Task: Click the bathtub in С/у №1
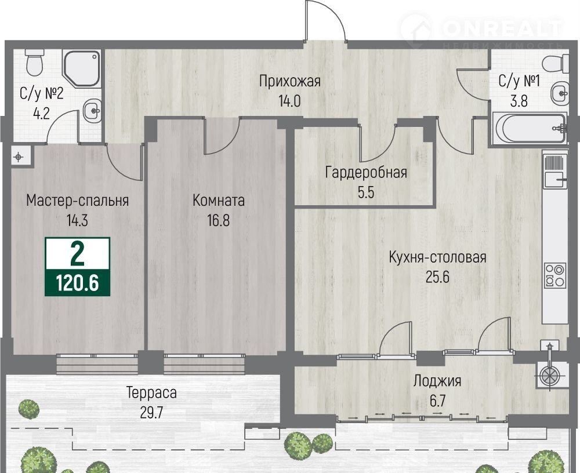(529, 128)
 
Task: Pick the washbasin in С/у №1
(560, 93)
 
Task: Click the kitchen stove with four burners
(555, 275)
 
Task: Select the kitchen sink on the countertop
(556, 180)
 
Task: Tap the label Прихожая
(289, 81)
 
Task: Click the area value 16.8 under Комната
(218, 220)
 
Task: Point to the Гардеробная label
(366, 173)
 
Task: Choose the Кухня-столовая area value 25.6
(437, 276)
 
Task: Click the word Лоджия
(437, 381)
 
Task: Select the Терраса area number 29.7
(151, 413)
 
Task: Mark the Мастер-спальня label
(78, 201)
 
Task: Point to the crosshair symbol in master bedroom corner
(18, 158)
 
